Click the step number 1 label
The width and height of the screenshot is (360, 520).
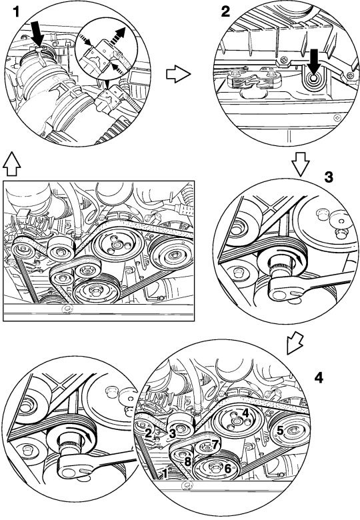point(16,13)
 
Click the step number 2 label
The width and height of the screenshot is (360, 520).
point(225,12)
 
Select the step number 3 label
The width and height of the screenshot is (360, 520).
point(329,178)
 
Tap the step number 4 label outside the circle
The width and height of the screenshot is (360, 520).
point(318,378)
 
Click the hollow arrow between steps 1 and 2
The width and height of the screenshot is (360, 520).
point(179,73)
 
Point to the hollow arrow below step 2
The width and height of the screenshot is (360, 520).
point(301,164)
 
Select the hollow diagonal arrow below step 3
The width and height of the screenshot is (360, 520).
point(295,342)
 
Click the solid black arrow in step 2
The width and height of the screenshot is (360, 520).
point(313,61)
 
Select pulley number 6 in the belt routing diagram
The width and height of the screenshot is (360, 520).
point(217,468)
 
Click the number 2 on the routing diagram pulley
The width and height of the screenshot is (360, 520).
point(148,433)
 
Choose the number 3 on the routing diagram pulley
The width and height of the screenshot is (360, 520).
point(172,433)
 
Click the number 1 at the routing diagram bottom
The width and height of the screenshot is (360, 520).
point(165,473)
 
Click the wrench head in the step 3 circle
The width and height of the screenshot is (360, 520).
point(284,287)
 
